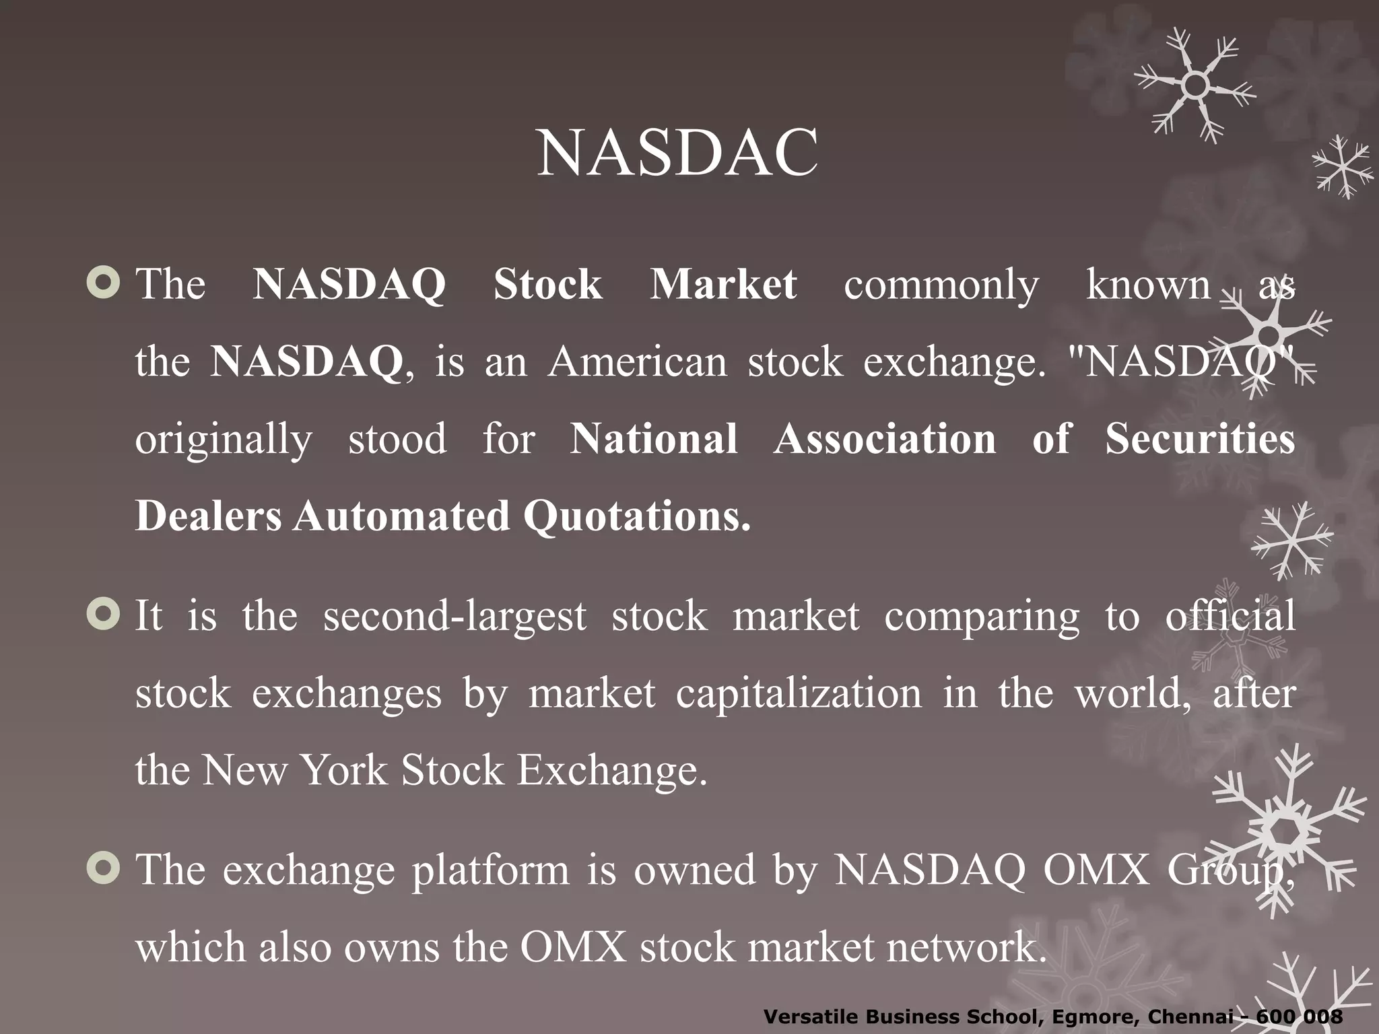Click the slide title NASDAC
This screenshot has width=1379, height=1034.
coord(677,153)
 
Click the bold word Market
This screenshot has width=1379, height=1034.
coord(723,284)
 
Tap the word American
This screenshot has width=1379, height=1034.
coord(637,361)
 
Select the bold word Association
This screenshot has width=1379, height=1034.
coord(885,439)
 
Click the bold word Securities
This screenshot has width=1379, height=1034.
coord(1200,439)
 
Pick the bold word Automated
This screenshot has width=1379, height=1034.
coord(401,516)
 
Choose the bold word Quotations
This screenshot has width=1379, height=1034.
coord(636,516)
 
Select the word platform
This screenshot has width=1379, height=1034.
coord(490,870)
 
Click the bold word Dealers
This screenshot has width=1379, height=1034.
coord(208,516)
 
